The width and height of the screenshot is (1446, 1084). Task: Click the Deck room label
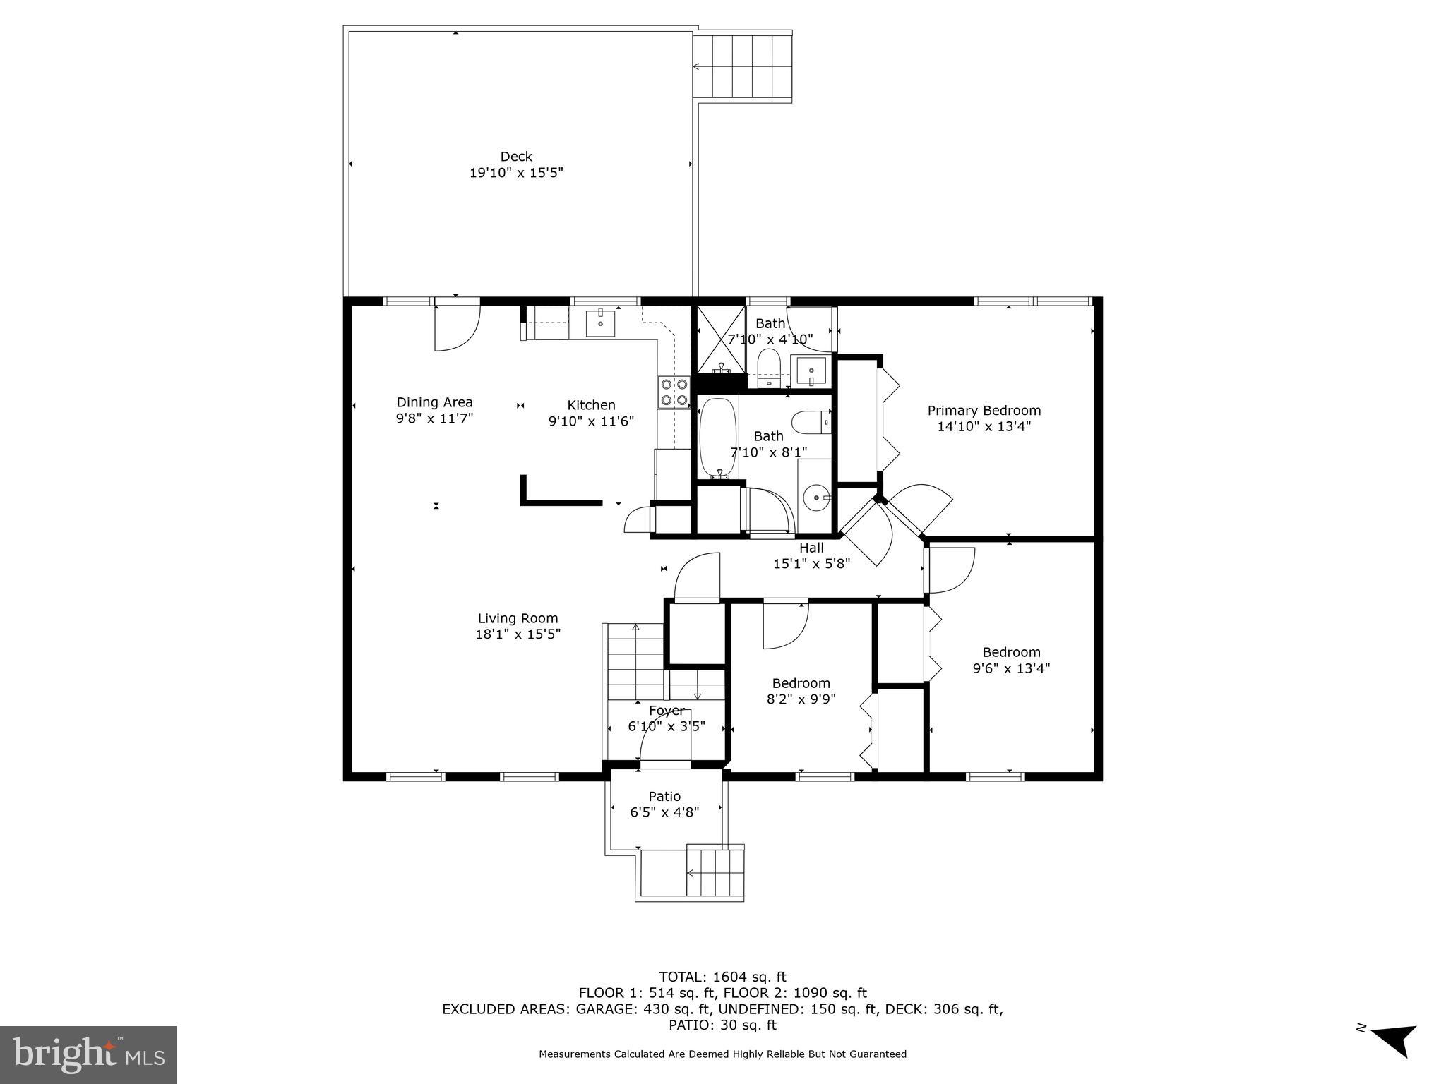(516, 157)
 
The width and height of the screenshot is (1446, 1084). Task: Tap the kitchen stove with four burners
(674, 392)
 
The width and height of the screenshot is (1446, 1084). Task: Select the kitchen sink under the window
(600, 323)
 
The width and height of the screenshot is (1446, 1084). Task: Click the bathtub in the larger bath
(718, 438)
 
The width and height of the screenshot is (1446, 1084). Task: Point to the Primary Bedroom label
(984, 411)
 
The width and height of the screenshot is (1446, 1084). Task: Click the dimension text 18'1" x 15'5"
(518, 634)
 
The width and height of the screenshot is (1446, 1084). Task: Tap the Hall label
(811, 548)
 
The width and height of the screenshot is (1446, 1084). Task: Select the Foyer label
(666, 711)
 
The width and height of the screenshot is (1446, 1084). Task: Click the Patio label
(664, 797)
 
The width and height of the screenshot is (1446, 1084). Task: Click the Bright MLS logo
(88, 1054)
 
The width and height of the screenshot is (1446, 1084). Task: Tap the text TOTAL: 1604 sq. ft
(722, 977)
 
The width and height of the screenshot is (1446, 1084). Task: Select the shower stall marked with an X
(721, 339)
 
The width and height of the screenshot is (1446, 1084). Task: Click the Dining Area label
(434, 402)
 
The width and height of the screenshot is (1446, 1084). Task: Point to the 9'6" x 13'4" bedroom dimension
(1011, 668)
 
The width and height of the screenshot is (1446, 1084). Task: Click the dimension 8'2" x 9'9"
(801, 699)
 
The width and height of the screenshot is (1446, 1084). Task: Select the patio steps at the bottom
(715, 872)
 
